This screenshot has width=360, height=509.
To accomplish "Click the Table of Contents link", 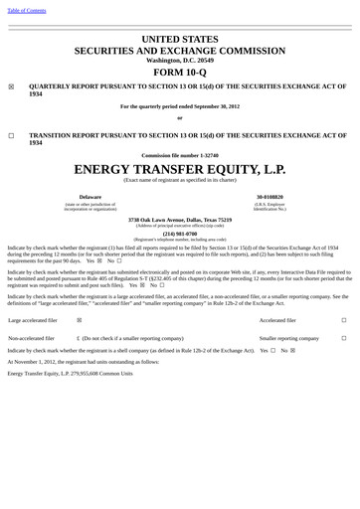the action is [27, 10].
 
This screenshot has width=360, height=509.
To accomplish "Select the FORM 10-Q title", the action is [179, 73].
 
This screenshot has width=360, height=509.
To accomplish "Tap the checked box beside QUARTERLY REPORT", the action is [12, 87].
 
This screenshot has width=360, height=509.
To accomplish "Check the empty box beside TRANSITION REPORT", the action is [12, 135].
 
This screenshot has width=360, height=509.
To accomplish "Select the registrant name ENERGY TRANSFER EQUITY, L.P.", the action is [179, 168].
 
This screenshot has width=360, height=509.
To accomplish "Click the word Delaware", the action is [90, 197].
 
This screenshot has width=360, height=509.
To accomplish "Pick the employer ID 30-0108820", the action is [269, 197].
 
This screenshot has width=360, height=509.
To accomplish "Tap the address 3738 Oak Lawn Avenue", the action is [151, 220].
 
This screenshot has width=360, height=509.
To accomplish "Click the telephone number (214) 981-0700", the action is [179, 234].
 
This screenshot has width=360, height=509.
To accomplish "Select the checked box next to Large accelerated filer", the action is [80, 321].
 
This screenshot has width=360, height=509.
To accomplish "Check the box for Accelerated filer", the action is [344, 321].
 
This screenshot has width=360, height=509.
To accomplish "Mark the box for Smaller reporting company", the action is [344, 338].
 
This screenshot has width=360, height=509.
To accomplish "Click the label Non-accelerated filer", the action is [33, 338].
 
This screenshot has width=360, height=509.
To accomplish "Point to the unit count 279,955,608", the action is [84, 373].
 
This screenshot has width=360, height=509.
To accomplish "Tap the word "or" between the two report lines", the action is [179, 117].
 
